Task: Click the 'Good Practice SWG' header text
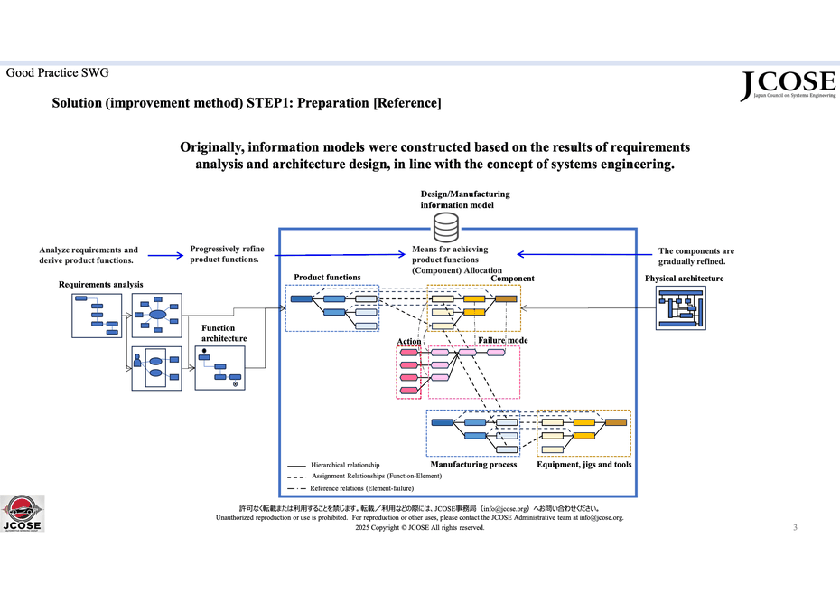(57, 72)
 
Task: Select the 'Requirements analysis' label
(100, 285)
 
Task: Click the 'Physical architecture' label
(684, 279)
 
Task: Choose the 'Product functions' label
(327, 278)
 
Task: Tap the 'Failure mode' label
(503, 341)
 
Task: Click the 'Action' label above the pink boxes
(409, 341)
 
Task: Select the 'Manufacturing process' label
(473, 465)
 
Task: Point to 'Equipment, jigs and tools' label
(584, 465)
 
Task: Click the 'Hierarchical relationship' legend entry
(338, 465)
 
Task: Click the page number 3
(795, 527)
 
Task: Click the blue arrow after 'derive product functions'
(165, 256)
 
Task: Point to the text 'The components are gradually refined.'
(696, 256)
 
